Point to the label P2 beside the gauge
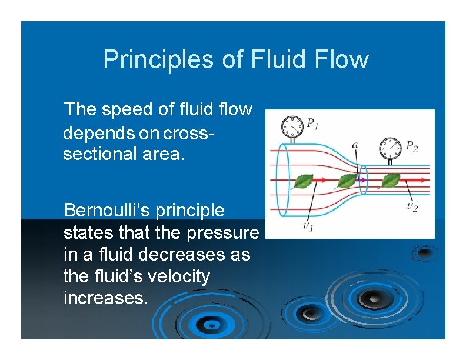point(412,146)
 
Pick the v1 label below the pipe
point(308,226)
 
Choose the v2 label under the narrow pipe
point(412,207)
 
